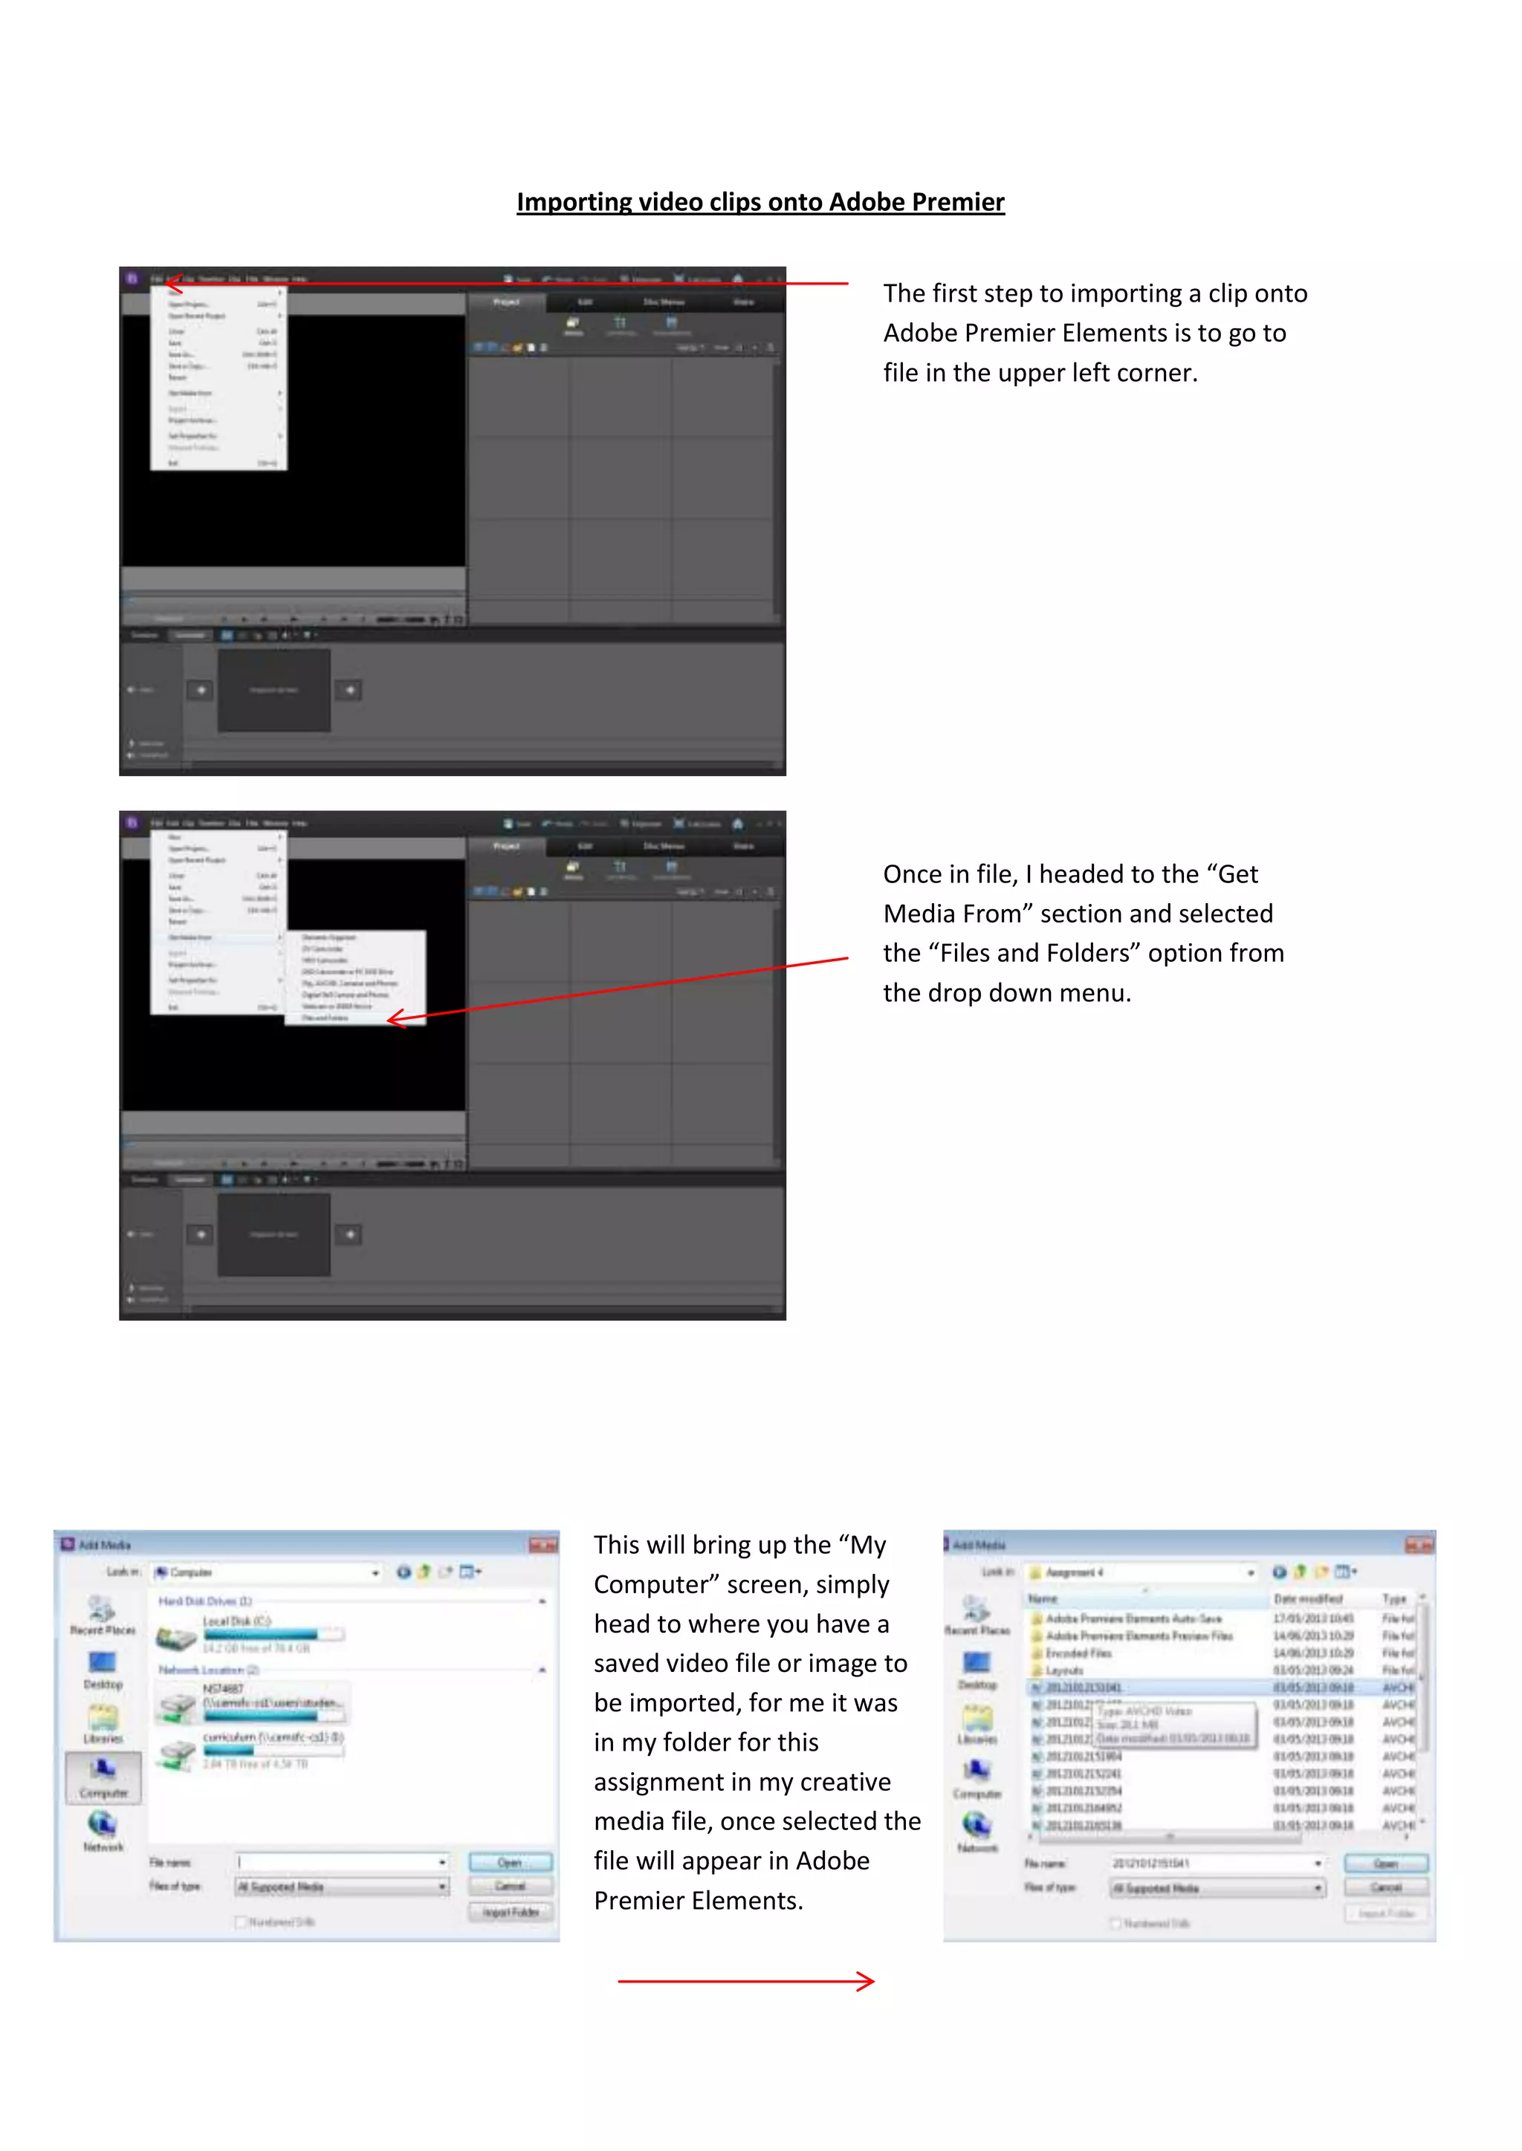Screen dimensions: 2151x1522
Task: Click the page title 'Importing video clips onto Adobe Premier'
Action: click(x=760, y=202)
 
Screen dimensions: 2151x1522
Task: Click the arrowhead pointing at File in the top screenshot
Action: click(x=172, y=282)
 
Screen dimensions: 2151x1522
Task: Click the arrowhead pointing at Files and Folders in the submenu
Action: click(x=395, y=1018)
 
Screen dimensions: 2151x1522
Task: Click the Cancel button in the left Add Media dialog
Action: click(x=510, y=1886)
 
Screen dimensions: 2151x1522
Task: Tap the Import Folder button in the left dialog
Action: click(x=510, y=1912)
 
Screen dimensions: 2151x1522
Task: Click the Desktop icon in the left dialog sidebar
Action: click(x=102, y=1664)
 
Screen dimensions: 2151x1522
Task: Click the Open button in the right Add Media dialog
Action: click(x=1385, y=1864)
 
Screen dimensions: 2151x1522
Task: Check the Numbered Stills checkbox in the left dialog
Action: click(x=241, y=1922)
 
